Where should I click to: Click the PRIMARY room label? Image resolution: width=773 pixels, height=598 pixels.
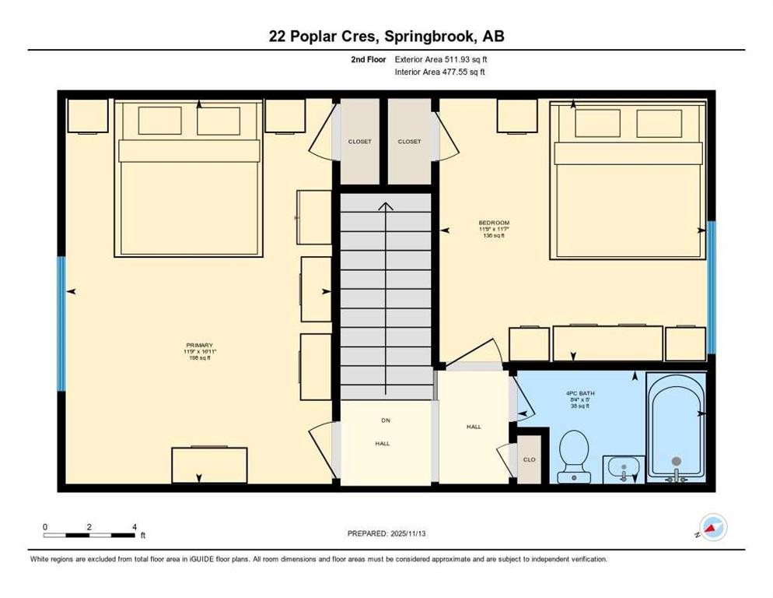(x=199, y=345)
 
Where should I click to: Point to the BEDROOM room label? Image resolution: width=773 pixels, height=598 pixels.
(x=494, y=223)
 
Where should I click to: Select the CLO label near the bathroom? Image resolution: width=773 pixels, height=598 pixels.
(x=530, y=459)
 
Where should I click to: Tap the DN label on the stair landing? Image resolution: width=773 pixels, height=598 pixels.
(x=384, y=420)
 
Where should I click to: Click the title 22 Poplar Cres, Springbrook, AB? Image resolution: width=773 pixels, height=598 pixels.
(x=386, y=36)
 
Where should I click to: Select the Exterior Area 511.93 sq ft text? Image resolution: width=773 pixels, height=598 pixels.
(x=441, y=59)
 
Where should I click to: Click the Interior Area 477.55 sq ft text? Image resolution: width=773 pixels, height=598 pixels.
(x=441, y=72)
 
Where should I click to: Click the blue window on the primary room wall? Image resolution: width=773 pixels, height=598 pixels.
(x=61, y=323)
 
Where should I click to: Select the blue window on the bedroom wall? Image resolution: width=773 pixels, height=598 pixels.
(x=711, y=286)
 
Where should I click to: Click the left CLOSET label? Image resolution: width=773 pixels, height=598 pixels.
(x=359, y=142)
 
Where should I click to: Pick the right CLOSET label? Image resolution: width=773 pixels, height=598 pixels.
(x=409, y=142)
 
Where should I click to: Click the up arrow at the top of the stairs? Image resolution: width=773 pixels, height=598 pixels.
(x=385, y=206)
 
